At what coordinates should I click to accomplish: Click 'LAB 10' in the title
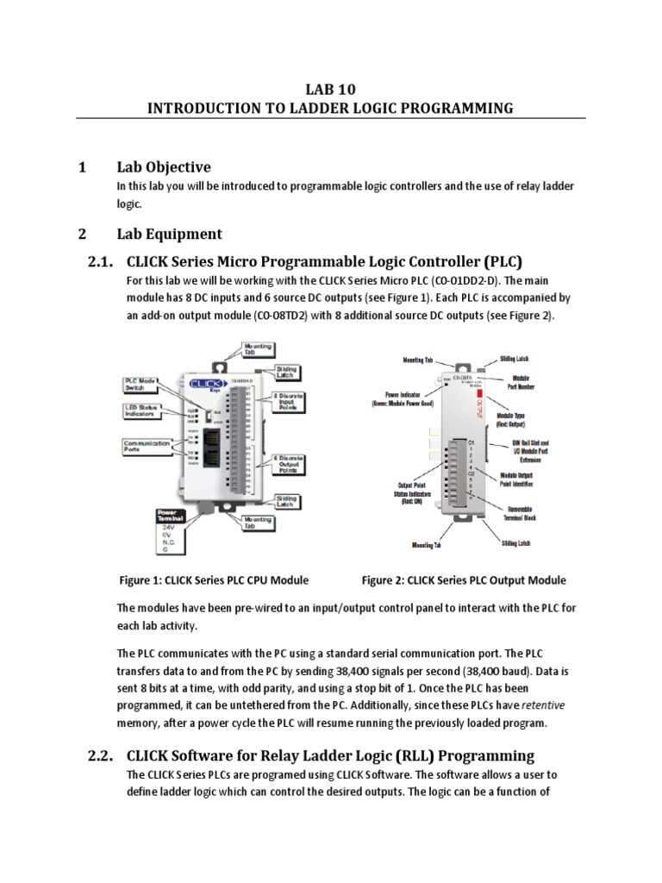pyautogui.click(x=330, y=89)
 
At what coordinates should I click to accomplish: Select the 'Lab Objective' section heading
pyautogui.click(x=164, y=166)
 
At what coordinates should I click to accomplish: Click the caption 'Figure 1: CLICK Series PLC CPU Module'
pyautogui.click(x=213, y=580)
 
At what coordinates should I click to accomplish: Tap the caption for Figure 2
pyautogui.click(x=464, y=580)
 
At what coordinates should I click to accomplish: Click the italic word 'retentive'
pyautogui.click(x=548, y=705)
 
